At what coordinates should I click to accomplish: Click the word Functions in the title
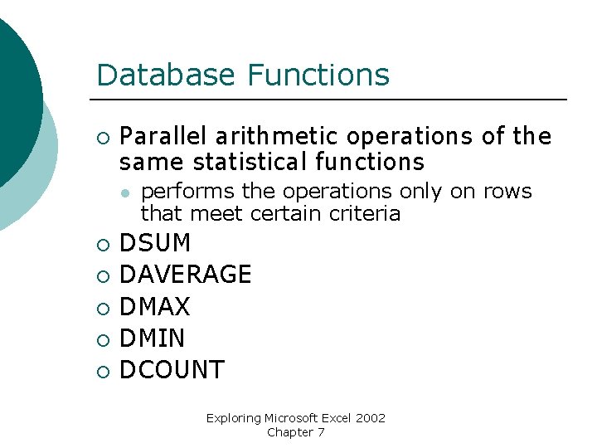tap(318, 75)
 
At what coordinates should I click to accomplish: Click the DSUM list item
tap(155, 244)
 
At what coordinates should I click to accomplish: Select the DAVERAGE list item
tap(186, 275)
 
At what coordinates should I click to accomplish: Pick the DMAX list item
tap(155, 307)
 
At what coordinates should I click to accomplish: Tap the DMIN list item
tap(153, 338)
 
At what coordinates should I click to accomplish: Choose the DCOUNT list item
tap(172, 370)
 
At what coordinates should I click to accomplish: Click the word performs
tap(188, 192)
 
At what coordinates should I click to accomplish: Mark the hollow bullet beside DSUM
tap(102, 245)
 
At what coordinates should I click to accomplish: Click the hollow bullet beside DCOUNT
tap(102, 371)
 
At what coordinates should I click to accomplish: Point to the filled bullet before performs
tap(123, 192)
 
